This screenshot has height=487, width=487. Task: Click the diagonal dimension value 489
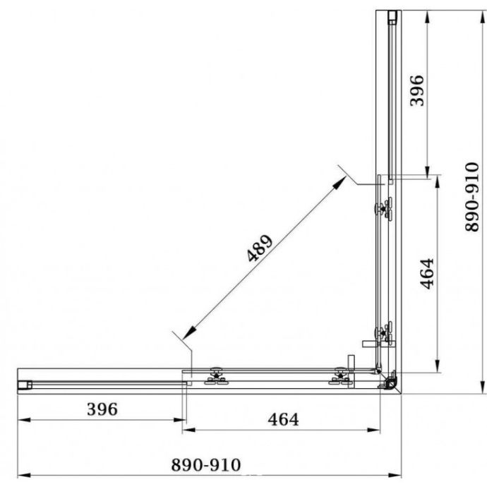coord(260,248)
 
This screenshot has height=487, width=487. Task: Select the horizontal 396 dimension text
coord(102,409)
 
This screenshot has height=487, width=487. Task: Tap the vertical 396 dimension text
coord(417,90)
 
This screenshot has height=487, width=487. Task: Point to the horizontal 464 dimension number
coord(283,419)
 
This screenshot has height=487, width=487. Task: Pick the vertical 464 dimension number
coord(427,274)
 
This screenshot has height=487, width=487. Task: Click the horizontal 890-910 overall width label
coord(206,465)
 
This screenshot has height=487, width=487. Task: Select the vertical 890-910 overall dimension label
coord(472,197)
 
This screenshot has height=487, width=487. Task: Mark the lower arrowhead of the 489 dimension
coord(189,333)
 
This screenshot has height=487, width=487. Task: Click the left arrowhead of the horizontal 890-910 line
coord(24,475)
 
